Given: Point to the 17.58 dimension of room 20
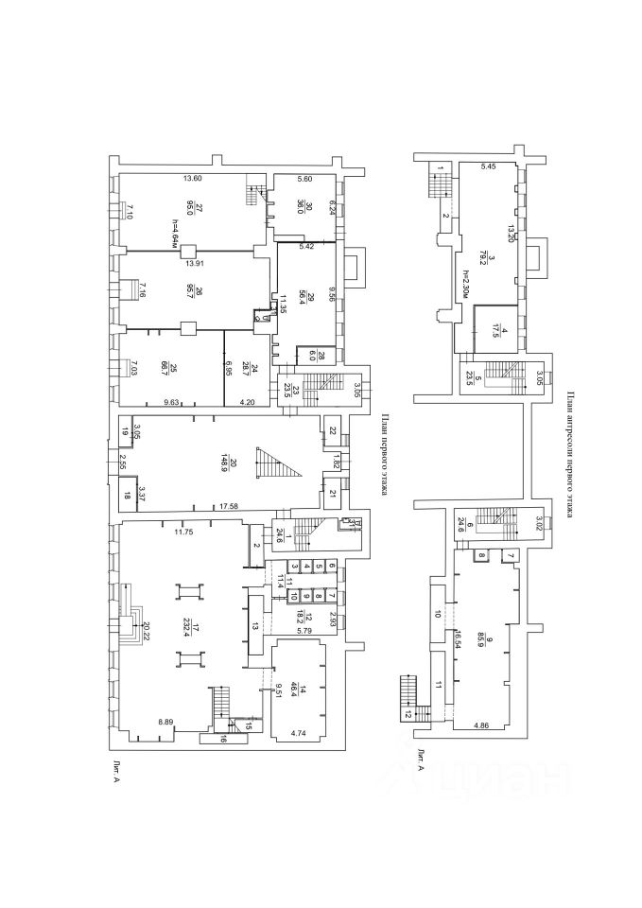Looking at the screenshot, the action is (227, 508).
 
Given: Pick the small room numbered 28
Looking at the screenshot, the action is (321, 356).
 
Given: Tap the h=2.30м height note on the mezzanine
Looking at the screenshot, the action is (466, 284).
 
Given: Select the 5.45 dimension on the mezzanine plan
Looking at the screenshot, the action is (488, 166).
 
